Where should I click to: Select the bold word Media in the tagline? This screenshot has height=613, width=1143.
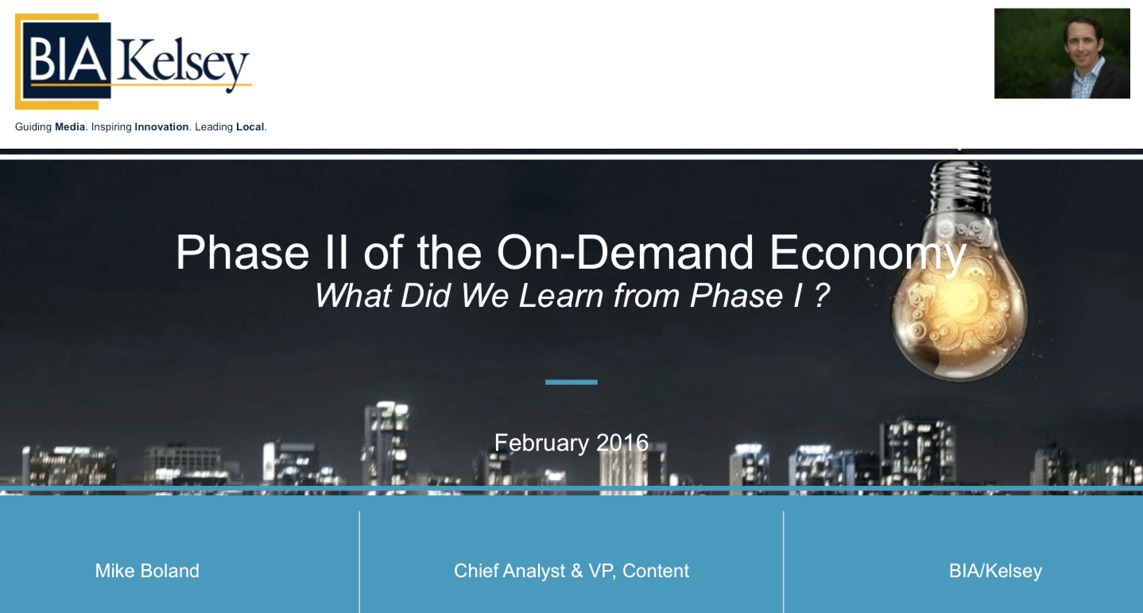[70, 127]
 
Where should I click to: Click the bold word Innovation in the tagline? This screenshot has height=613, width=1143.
[161, 127]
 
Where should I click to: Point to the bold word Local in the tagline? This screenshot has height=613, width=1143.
[250, 127]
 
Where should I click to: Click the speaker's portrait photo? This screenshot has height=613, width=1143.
[1062, 53]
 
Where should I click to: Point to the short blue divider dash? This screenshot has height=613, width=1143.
[571, 382]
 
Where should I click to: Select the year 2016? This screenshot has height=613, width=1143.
[622, 442]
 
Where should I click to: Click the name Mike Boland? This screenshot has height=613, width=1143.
[147, 571]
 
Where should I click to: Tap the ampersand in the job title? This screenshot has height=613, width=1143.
[577, 571]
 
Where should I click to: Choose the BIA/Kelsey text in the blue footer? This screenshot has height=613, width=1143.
[995, 571]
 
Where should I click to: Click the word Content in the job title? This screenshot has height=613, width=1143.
[655, 571]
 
